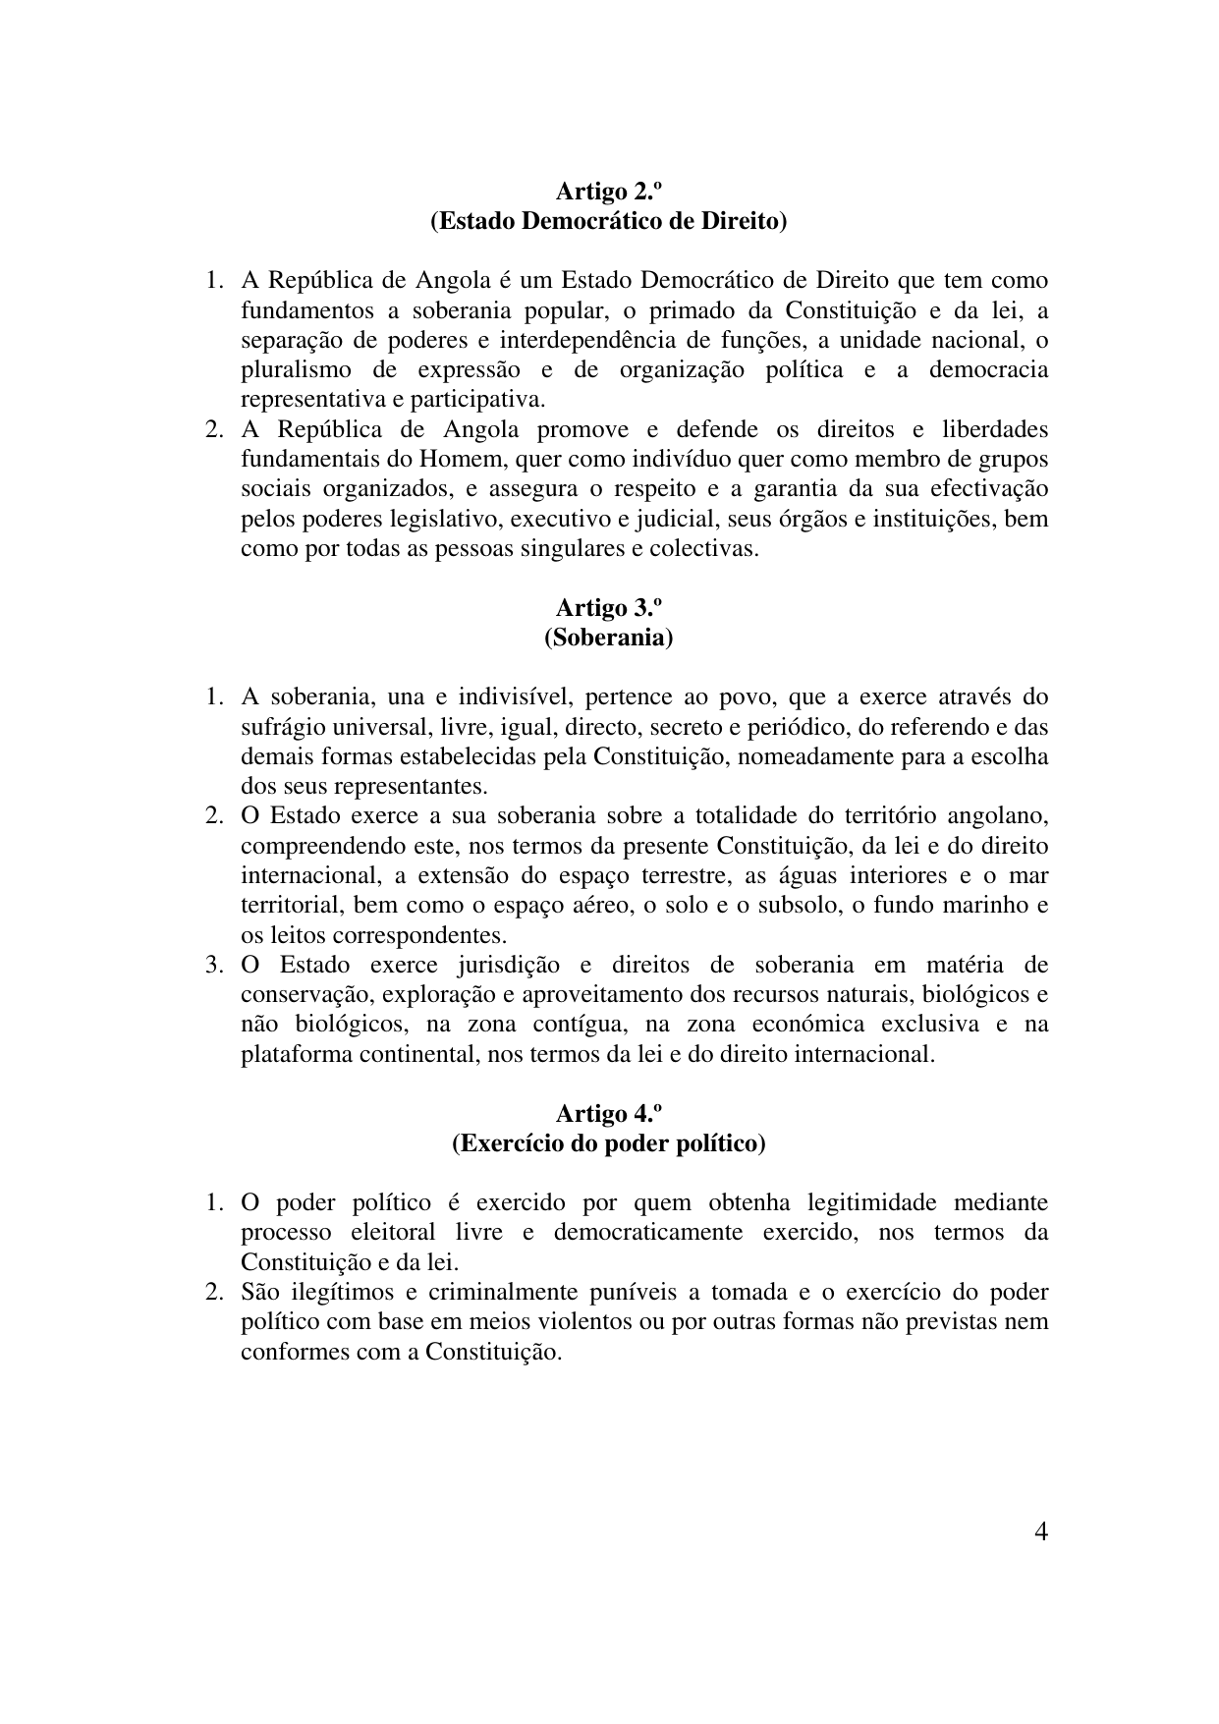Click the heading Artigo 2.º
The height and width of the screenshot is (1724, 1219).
point(608,191)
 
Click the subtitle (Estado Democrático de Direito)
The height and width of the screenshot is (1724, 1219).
point(608,221)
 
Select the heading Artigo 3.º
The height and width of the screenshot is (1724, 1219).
point(608,608)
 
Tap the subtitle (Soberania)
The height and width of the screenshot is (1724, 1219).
point(608,638)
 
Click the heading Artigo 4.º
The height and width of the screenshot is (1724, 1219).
point(608,1114)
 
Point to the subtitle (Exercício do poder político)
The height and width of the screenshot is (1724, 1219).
point(608,1143)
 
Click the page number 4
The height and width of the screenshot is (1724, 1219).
point(1040,1532)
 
